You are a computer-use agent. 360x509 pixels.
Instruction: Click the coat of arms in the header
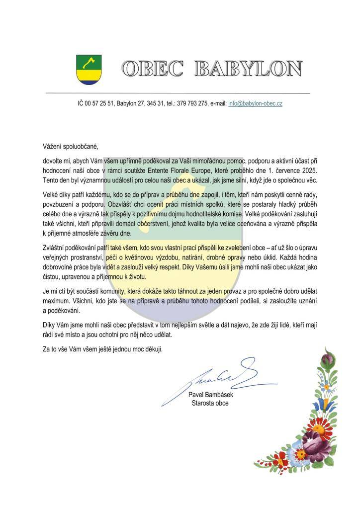point(89,70)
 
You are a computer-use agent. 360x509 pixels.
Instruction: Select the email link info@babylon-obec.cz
point(256,103)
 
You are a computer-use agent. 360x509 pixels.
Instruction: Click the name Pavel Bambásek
point(211,395)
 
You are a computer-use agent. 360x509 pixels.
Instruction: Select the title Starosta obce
point(210,403)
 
